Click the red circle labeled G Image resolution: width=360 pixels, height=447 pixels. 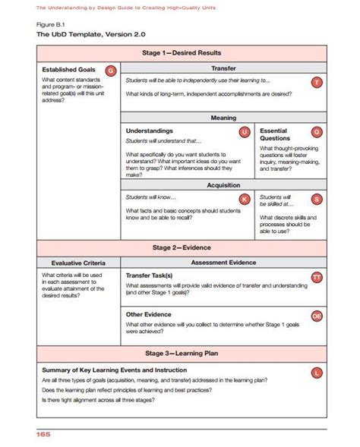click(x=111, y=71)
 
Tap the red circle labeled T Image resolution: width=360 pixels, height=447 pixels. click(x=317, y=82)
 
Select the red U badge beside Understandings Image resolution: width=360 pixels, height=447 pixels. click(x=244, y=133)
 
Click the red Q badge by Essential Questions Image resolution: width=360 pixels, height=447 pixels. click(x=317, y=133)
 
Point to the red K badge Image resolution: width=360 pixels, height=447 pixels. click(x=244, y=199)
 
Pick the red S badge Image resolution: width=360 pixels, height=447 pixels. click(x=317, y=199)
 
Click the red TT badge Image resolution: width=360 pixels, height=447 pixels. click(x=317, y=278)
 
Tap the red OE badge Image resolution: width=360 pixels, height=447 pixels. click(x=317, y=316)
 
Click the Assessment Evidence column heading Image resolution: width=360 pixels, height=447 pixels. click(x=223, y=262)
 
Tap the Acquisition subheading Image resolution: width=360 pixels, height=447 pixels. click(x=223, y=184)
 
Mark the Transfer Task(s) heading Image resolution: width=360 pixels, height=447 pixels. click(x=149, y=275)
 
